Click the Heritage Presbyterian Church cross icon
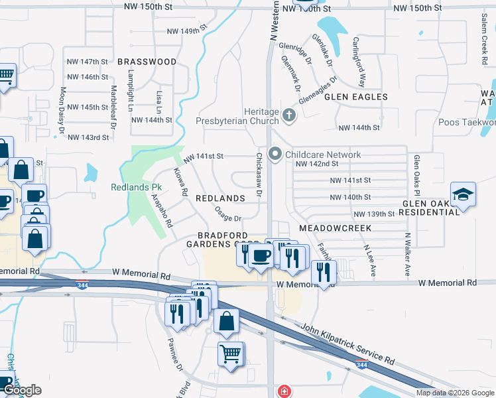[x=288, y=115]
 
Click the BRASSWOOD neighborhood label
[x=147, y=62]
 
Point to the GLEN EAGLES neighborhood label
[x=355, y=97]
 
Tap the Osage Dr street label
[x=228, y=214]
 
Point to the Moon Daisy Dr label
[x=62, y=111]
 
